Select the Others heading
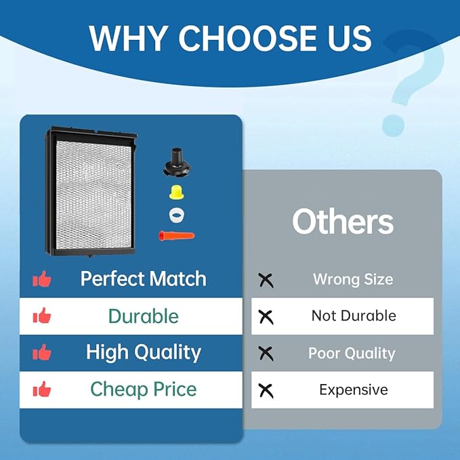[x=343, y=222]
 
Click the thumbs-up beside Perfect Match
[x=42, y=278]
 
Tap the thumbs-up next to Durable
[x=42, y=315]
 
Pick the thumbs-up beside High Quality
[x=42, y=352]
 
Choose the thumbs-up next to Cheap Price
[x=42, y=390]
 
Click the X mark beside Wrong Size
[x=266, y=279]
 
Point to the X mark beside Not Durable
[x=266, y=316]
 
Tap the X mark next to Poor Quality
[x=266, y=353]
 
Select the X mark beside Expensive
[x=266, y=390]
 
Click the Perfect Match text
[x=143, y=278]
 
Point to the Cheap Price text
[x=143, y=390]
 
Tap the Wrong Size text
[x=353, y=279]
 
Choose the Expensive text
[x=353, y=390]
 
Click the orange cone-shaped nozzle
[x=175, y=236]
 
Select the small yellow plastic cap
[x=177, y=192]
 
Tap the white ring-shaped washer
[x=177, y=215]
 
